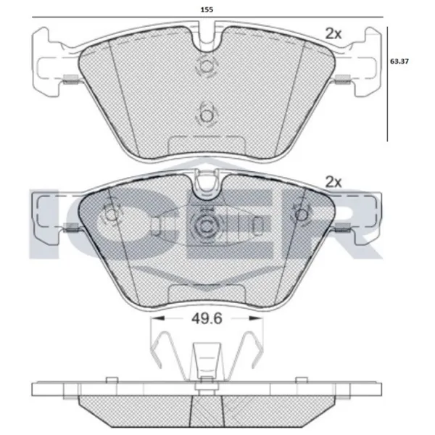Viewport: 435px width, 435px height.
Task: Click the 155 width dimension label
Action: click(x=207, y=9)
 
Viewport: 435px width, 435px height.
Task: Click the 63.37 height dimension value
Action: click(x=399, y=62)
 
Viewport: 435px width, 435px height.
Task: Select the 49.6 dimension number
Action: click(x=207, y=319)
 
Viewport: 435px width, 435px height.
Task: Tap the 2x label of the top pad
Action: click(x=333, y=34)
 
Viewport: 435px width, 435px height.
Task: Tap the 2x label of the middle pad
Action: click(x=333, y=182)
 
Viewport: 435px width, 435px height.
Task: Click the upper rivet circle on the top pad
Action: click(x=206, y=66)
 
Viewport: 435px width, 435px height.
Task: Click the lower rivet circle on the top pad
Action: click(x=206, y=116)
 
